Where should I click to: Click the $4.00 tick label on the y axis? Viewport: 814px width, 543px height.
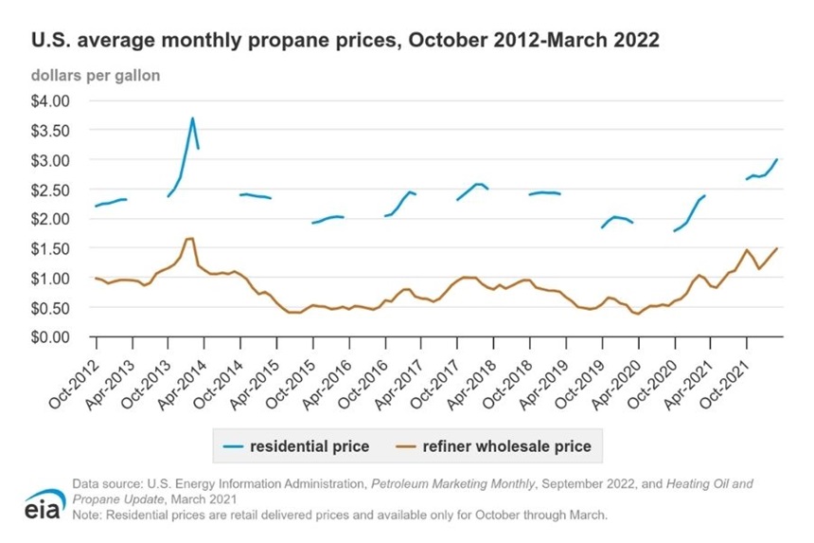[50, 100]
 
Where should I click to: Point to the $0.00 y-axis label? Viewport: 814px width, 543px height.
[50, 337]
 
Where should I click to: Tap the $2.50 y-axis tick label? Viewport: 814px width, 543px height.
[50, 190]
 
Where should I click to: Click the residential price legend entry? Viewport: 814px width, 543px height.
[296, 446]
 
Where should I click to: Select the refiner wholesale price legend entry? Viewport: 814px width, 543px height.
[494, 446]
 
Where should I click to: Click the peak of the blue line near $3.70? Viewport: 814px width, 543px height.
[192, 118]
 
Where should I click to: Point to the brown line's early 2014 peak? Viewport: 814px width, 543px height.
[190, 239]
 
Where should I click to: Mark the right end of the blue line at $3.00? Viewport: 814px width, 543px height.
[777, 159]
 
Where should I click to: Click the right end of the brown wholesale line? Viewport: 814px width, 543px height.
[777, 248]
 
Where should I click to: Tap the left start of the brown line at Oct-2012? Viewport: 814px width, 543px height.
[96, 278]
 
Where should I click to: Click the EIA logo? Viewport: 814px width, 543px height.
[44, 504]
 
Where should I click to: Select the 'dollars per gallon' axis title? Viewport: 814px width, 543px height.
[96, 76]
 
